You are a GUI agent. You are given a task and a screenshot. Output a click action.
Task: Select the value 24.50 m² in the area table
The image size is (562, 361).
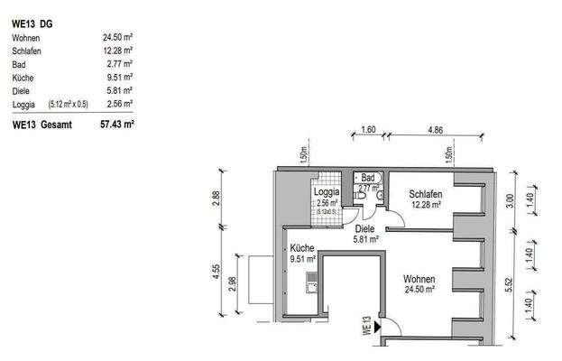point(118,38)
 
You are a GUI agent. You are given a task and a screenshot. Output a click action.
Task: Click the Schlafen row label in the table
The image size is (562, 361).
point(27,51)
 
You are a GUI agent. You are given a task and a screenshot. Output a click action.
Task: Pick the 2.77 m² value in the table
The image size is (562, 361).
point(120,65)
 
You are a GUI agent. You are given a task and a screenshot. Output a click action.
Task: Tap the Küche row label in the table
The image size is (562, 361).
point(23,79)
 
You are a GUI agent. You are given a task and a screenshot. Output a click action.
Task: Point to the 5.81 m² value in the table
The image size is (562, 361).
point(120,91)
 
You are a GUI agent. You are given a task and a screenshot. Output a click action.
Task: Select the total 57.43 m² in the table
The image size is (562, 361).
point(117,125)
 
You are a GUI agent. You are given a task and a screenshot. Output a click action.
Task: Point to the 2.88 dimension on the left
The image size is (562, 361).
point(216,199)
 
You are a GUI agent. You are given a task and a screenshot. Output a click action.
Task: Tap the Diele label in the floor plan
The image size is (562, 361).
point(365,228)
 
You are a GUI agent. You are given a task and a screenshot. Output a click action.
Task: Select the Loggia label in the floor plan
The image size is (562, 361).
point(326,193)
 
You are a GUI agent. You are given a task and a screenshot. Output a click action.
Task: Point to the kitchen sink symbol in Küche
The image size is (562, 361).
point(311,288)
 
